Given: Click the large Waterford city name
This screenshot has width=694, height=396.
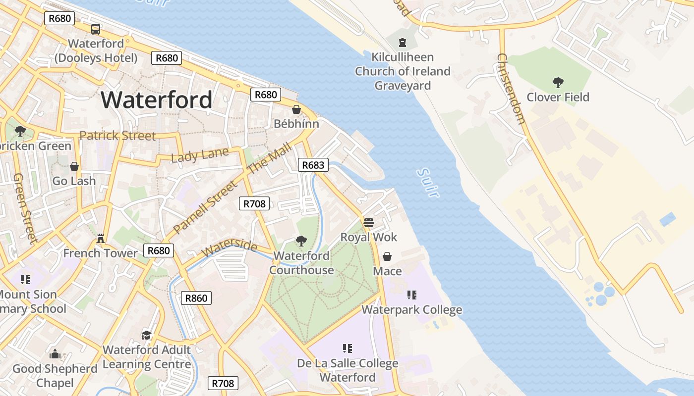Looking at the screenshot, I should point(157,100).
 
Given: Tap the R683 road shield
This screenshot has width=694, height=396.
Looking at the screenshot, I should point(313,165).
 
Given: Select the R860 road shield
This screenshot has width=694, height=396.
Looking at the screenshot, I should point(196,298).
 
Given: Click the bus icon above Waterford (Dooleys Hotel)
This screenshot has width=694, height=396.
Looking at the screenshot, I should point(96,29).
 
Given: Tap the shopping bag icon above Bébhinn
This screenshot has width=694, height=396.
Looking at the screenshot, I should point(296,109).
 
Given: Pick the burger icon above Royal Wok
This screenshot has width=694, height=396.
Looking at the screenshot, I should point(368,223).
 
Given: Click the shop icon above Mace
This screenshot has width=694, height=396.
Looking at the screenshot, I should point(387,256).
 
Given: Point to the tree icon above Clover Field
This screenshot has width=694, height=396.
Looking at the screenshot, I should point(558,82).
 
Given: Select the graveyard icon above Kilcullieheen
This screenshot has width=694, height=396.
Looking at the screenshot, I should point(403,43).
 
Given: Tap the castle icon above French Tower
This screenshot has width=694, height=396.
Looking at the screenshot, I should point(101,239).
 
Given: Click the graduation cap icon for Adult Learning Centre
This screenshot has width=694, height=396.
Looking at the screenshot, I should point(146,335).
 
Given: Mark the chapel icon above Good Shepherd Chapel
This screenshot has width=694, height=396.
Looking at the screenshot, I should point(55,354).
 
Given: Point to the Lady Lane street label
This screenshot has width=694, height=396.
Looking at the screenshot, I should point(200,155).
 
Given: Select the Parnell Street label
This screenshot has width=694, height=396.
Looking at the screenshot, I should point(206,208).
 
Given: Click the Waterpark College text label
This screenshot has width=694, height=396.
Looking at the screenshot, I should point(411,310).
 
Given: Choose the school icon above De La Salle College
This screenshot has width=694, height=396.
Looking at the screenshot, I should point(347,348).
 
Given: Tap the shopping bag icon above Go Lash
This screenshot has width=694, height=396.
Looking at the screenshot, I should point(74,166).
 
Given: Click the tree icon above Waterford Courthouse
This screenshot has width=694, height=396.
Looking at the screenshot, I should point(300,241).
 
